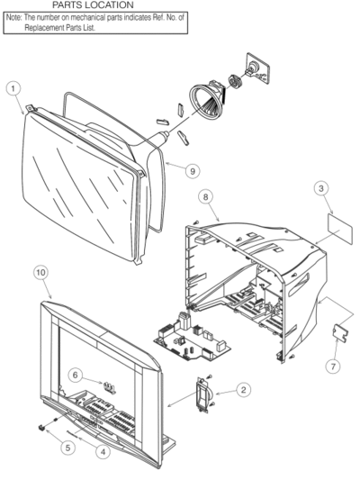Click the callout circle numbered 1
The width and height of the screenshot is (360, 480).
point(13,89)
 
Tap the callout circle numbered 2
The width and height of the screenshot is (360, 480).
point(244,390)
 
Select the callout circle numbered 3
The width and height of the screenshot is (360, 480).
point(320,188)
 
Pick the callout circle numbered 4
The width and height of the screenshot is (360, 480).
point(103,451)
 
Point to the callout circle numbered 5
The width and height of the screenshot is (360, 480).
point(67,448)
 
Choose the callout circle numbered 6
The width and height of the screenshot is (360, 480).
point(76,375)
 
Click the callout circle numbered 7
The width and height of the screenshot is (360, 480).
point(333,366)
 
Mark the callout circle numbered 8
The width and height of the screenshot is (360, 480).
point(205,196)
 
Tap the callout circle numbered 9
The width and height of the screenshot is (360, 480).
point(193,170)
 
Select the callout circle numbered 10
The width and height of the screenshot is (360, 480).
point(40,273)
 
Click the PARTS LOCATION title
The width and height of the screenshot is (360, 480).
point(93,5)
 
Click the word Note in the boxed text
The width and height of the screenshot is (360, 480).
point(13,17)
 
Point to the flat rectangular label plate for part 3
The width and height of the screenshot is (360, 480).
point(340,229)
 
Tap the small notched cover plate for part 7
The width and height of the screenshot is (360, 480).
point(340,333)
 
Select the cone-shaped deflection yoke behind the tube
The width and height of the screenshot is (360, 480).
point(206,99)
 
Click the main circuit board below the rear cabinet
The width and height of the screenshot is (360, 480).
point(192,338)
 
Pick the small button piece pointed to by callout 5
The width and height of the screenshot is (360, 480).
point(41,428)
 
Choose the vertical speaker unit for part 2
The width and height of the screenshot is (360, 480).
point(203,395)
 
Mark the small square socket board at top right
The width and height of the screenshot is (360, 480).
point(257,68)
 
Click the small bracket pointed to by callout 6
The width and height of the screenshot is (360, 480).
point(109,387)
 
